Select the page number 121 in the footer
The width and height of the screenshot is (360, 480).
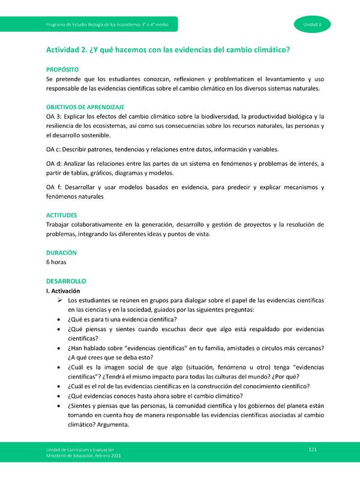tap(312, 449)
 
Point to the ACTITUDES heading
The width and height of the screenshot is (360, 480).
tap(63, 215)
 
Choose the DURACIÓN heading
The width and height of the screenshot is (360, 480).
tap(61, 253)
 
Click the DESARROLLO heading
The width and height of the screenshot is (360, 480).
tap(66, 281)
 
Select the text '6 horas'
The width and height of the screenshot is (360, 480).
tap(56, 262)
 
